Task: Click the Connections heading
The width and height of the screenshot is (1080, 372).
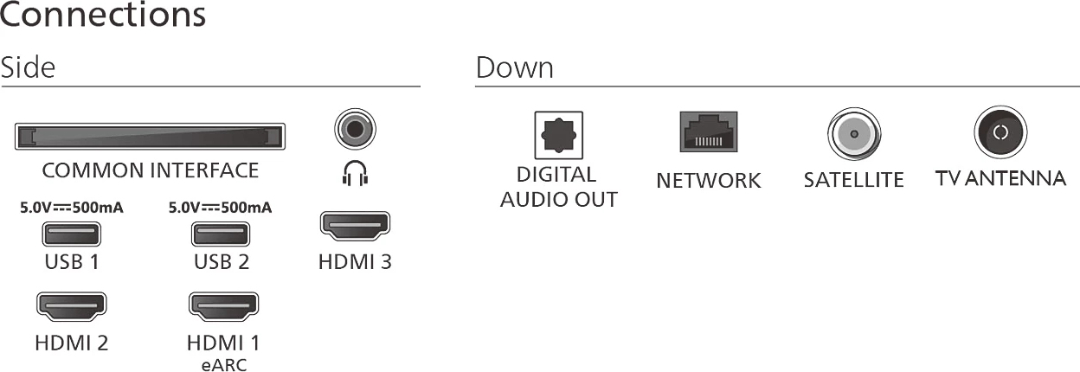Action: point(104,16)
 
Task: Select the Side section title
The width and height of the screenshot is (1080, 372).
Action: point(28,67)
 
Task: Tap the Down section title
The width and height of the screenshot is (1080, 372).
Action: point(514,67)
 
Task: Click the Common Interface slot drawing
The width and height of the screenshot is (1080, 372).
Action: point(151,137)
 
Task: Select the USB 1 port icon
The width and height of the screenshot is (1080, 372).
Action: point(71,234)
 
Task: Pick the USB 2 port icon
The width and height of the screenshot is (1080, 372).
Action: point(222,234)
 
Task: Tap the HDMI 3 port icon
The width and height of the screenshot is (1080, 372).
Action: point(355,226)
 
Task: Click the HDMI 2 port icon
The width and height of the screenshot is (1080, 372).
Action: point(71,305)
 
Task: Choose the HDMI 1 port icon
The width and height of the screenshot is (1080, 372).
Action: point(223,305)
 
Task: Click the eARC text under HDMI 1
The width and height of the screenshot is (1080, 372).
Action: point(223,365)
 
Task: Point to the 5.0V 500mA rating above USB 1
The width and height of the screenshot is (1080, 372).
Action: point(71,208)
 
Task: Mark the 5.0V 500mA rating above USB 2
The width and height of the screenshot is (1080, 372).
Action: point(222,208)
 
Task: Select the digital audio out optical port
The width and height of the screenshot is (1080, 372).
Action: point(558,135)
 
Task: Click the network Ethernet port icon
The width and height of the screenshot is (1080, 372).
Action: point(709,132)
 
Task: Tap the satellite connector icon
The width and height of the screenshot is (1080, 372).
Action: point(853,134)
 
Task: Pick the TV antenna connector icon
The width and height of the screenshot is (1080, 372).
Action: point(1000,132)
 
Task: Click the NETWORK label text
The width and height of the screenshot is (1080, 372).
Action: point(709,181)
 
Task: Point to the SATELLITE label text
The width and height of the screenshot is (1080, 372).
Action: point(853,180)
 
